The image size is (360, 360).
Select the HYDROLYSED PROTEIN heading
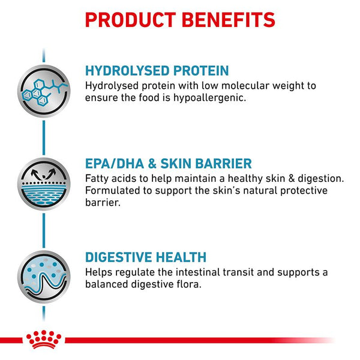click(157, 71)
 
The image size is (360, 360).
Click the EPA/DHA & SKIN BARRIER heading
click(169, 164)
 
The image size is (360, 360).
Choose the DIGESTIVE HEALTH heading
click(146, 257)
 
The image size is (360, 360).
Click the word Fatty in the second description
click(98, 179)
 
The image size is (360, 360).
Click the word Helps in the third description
click(99, 272)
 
